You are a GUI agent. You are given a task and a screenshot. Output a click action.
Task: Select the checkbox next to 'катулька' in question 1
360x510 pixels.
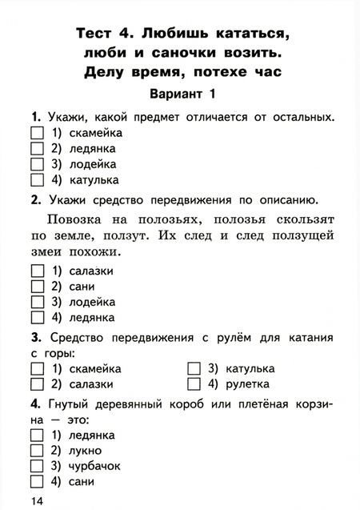[35, 179]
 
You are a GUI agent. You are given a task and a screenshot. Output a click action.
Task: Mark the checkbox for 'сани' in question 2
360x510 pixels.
[35, 287]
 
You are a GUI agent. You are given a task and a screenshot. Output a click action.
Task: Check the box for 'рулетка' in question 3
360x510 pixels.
[193, 384]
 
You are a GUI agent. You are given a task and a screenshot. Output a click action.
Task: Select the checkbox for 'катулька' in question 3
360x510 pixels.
[193, 369]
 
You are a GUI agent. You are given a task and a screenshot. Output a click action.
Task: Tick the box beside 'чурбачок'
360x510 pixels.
[35, 467]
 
